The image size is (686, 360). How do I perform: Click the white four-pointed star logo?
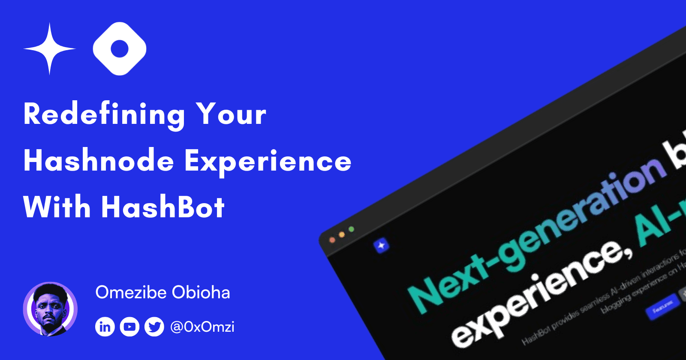tap(49, 49)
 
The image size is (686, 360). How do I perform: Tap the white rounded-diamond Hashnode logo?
tap(120, 49)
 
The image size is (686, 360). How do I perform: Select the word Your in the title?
tap(231, 114)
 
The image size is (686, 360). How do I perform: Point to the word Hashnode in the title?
tap(99, 161)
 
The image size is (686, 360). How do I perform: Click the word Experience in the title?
tap(268, 162)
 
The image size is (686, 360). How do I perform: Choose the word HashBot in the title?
tap(163, 207)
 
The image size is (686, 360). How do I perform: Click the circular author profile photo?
tap(50, 309)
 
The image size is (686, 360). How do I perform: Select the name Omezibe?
tap(131, 293)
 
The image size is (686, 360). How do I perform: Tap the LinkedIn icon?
tap(105, 327)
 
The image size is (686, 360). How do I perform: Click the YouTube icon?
tap(129, 327)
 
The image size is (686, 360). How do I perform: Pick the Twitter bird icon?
tap(154, 327)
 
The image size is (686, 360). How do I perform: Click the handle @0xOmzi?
tap(202, 327)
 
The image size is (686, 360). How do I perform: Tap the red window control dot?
tap(332, 240)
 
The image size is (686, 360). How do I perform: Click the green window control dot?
tap(352, 230)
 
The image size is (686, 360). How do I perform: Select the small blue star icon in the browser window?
tap(381, 246)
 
